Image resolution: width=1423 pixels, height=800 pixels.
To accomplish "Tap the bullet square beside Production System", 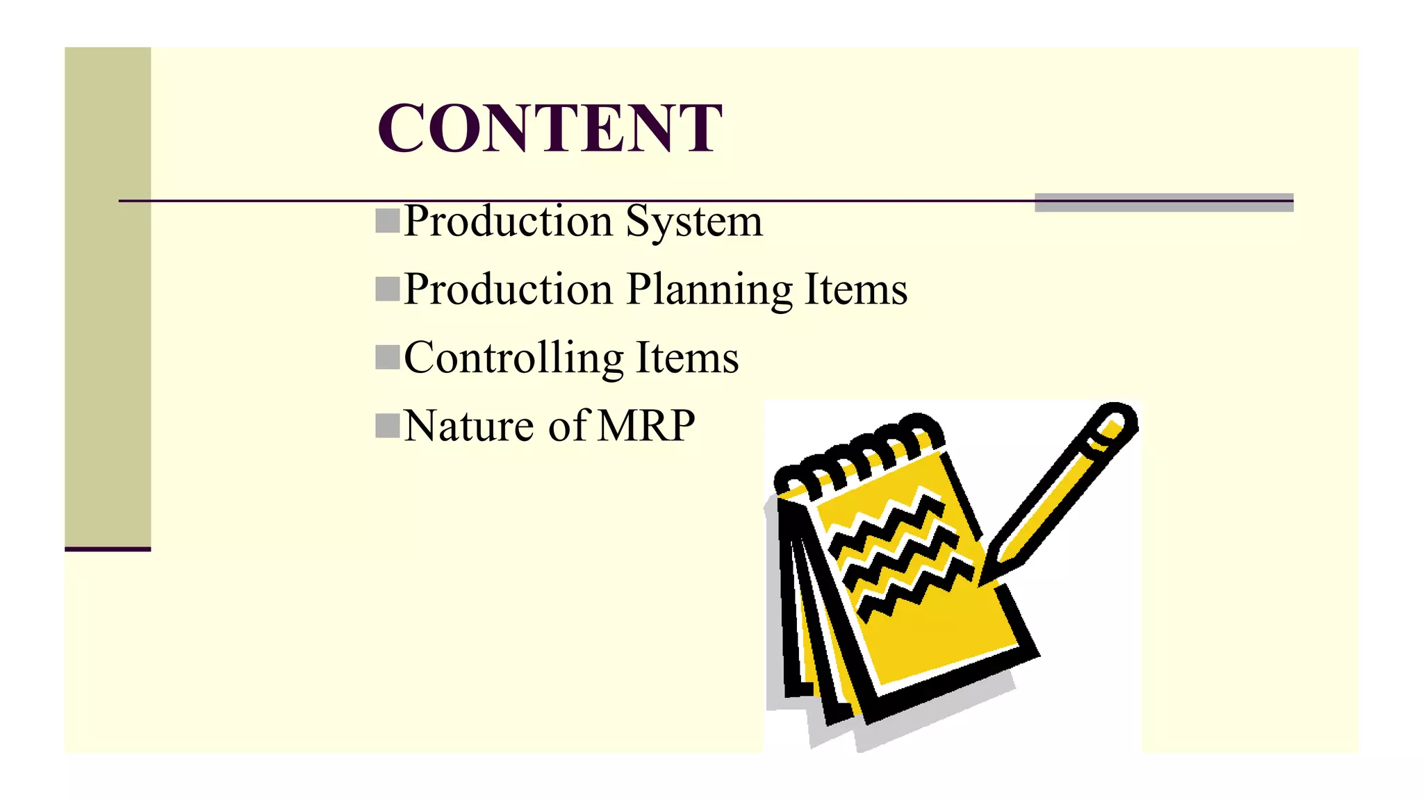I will [x=388, y=220].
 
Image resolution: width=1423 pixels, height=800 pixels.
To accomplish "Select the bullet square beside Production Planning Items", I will [x=388, y=289].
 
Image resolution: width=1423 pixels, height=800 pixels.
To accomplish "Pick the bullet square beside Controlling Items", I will [x=388, y=357].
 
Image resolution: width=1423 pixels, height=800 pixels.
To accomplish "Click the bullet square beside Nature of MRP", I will [x=388, y=426].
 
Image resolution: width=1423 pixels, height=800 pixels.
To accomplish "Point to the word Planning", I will [x=709, y=290].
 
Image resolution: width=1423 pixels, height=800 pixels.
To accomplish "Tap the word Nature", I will [x=469, y=426].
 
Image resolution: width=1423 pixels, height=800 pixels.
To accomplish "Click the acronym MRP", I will [x=646, y=426].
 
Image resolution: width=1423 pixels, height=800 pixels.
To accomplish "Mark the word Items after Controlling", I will [x=687, y=358].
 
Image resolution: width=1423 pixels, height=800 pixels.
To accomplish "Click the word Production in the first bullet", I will [x=508, y=222].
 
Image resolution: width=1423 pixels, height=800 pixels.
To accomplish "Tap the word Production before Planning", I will [x=508, y=290].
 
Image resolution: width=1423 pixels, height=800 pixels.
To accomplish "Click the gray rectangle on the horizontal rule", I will [x=1164, y=202].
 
